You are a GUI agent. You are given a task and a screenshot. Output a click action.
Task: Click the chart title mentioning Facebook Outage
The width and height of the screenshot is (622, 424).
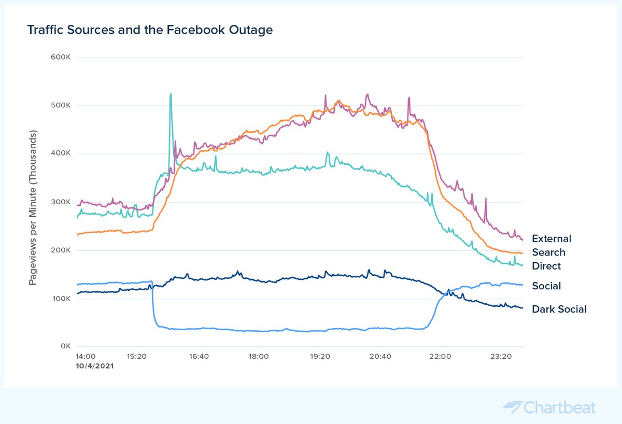click(x=150, y=30)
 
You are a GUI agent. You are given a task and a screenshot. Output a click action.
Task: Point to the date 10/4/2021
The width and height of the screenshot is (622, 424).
click(x=94, y=365)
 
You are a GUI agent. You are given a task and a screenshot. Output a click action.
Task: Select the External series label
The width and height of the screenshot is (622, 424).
click(x=552, y=238)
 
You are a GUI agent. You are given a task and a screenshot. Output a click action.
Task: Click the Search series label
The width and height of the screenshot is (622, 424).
click(x=548, y=252)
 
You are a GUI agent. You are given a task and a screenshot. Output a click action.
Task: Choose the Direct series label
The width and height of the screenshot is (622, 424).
click(x=546, y=266)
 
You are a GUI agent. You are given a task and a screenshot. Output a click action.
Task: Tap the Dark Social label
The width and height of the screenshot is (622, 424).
click(x=559, y=309)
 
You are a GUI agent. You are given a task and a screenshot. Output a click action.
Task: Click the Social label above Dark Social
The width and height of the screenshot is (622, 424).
click(x=546, y=286)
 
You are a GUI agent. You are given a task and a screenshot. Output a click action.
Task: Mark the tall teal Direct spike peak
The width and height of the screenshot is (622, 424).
click(x=170, y=94)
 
